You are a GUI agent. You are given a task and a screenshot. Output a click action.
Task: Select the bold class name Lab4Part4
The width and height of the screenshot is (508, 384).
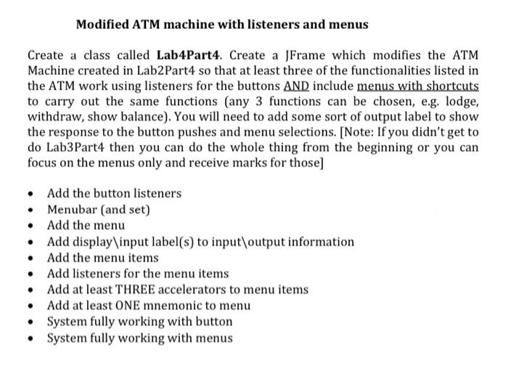point(184,55)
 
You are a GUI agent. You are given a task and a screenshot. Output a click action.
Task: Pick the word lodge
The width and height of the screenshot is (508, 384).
point(459,101)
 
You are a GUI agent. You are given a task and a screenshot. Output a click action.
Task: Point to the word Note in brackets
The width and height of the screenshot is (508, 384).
point(334,131)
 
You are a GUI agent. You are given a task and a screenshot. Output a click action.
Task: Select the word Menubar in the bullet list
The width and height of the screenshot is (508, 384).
point(70,210)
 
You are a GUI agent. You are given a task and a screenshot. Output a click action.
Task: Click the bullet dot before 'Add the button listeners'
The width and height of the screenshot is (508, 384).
point(30,194)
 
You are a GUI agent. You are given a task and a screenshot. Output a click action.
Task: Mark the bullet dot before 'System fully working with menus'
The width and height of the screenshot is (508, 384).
point(30,338)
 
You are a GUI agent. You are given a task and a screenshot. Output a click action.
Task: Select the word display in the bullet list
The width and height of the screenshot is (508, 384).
point(92,242)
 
